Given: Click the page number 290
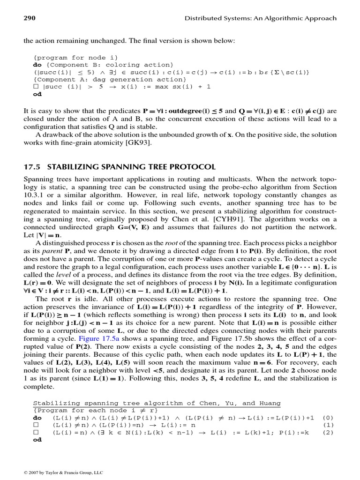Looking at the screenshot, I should pyautogui.click(x=30, y=18).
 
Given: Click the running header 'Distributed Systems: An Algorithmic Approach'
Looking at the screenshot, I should pyautogui.click(x=261, y=18).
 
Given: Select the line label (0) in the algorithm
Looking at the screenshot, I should pyautogui.click(x=329, y=417).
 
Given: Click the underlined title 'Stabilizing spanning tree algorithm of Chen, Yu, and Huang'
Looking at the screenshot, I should pyautogui.click(x=157, y=403).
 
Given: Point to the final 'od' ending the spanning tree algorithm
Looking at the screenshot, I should pyautogui.click(x=37, y=440).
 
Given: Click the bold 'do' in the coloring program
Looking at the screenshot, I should pyautogui.click(x=37, y=65).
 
